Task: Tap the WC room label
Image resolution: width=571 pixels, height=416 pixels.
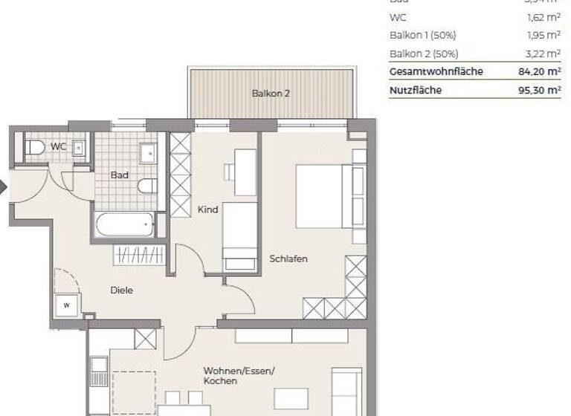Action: coord(58,146)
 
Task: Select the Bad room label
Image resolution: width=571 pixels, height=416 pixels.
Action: coord(119,175)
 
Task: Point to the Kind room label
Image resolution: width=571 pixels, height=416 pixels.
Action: coord(207,209)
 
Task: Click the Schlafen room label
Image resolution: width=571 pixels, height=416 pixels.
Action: coord(289,259)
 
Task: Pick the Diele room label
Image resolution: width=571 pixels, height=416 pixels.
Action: coord(122,290)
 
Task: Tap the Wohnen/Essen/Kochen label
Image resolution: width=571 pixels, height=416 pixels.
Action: coord(239,375)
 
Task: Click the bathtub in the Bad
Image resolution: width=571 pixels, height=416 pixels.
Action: coord(123,224)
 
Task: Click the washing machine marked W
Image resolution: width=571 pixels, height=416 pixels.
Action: coord(66,305)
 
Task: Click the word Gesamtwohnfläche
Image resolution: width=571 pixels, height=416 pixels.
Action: coord(436,71)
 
